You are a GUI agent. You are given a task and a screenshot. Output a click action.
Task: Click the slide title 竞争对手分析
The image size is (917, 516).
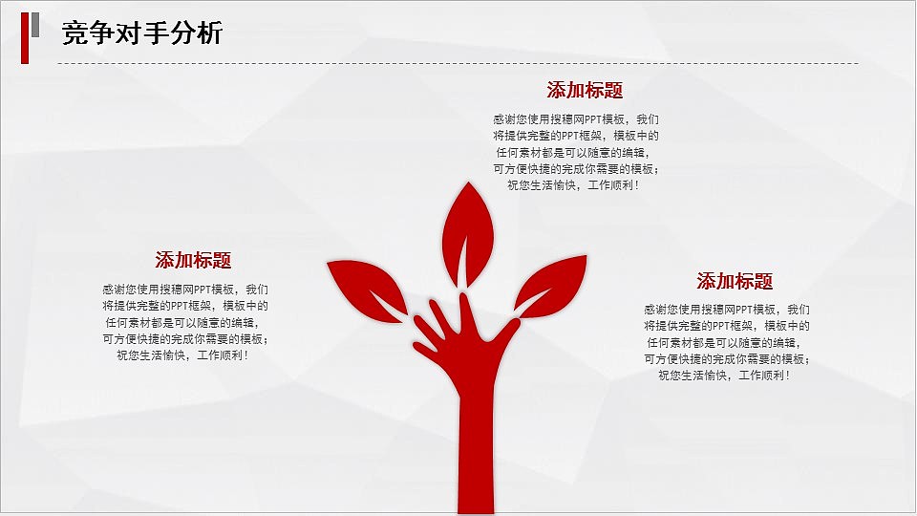[x=141, y=34]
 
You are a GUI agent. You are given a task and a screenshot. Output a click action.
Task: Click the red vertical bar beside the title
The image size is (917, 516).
[x=25, y=38]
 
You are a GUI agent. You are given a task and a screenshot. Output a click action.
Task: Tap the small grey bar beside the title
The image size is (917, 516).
[x=35, y=25]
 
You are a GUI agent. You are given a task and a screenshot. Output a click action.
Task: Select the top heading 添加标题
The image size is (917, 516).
[x=585, y=91]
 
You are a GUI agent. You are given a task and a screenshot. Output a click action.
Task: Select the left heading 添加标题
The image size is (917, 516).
[x=193, y=261]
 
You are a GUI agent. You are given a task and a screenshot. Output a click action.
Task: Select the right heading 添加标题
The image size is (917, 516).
[x=735, y=282]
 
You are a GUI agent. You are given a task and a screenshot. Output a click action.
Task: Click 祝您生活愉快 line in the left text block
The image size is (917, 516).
[x=182, y=355]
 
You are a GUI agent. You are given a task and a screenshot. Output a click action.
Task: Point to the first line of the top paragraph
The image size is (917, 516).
[x=575, y=120]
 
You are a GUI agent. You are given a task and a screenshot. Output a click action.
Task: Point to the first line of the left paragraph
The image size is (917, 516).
[x=185, y=290]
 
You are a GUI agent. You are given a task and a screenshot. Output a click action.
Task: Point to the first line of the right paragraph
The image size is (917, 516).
[x=727, y=311]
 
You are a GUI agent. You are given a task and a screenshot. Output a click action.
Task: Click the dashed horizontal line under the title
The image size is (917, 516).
[x=458, y=64]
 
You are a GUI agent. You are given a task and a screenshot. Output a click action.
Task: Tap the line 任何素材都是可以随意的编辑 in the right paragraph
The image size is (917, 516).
[x=727, y=343]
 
